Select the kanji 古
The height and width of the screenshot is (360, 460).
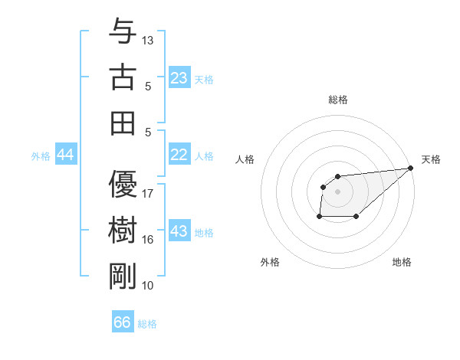(123, 78)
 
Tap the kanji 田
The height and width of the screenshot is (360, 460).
(123, 123)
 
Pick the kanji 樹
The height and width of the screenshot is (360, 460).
(123, 231)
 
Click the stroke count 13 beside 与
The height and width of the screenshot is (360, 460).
(148, 39)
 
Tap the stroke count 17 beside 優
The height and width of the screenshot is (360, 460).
(148, 193)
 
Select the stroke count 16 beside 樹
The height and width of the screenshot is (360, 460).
(148, 240)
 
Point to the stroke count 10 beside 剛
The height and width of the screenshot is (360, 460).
(148, 286)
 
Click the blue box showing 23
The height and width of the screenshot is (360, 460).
(179, 78)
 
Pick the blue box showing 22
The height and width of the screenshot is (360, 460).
(179, 155)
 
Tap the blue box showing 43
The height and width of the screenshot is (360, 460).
(179, 231)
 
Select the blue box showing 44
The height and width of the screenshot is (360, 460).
(66, 155)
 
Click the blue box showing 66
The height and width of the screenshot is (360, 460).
(123, 322)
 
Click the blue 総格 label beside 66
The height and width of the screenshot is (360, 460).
(147, 324)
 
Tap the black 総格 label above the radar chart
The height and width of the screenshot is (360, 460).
(338, 100)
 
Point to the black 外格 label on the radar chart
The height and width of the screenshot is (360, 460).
(270, 262)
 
